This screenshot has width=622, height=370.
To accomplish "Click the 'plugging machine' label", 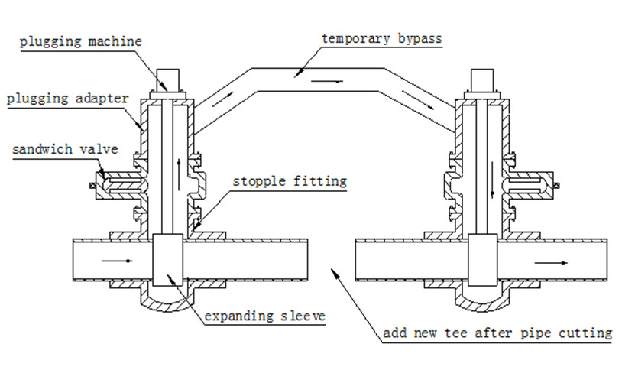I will [x=81, y=41].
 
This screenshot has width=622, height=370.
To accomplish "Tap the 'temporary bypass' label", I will [x=381, y=38].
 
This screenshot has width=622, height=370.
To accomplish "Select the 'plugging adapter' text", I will [x=68, y=99].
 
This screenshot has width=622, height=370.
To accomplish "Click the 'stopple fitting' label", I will [x=290, y=181].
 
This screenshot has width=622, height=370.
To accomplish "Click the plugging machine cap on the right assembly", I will [x=483, y=80].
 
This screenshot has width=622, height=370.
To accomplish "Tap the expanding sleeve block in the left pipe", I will [x=167, y=260].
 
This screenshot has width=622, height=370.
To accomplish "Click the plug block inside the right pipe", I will [x=482, y=260].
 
